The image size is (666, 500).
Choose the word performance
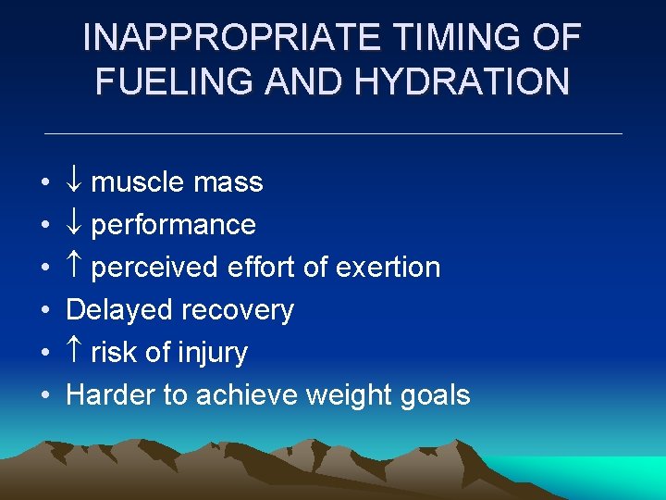point(173,225)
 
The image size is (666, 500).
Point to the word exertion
point(388,268)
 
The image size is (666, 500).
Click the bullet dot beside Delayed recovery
point(45,310)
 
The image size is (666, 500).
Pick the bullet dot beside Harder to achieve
point(45,395)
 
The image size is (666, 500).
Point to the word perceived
point(148,268)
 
